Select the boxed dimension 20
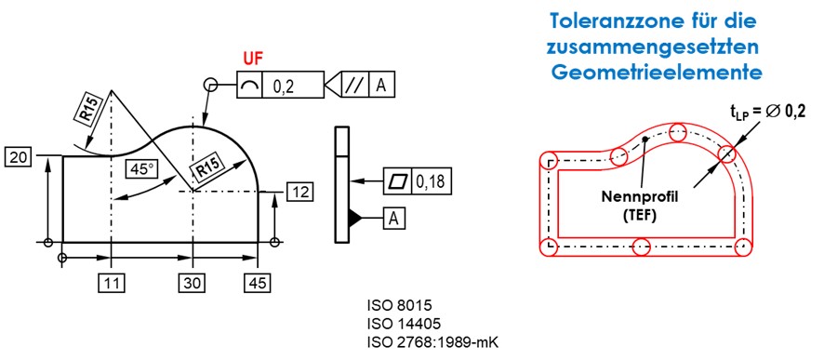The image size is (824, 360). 19,156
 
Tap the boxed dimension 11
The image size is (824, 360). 112,284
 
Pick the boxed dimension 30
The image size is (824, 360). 193,284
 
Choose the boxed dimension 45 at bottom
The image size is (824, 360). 258,284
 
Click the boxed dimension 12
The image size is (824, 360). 299,192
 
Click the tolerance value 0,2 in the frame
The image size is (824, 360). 284,86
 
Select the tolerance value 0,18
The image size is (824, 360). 430,181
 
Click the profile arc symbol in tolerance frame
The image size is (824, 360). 249,85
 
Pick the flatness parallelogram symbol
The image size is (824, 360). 397,181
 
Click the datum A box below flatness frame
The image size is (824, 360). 393,220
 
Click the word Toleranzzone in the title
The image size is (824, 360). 605,21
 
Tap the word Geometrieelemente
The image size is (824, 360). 657,72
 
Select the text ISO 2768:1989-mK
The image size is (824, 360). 432,341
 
